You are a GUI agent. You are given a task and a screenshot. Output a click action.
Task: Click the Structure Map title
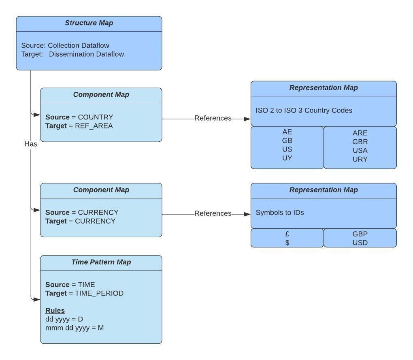coord(89,23)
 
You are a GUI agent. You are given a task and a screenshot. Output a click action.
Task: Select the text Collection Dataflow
coord(79,45)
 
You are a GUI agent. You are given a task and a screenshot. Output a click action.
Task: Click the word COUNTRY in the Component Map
coord(96,117)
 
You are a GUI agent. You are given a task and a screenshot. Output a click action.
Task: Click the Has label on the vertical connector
coord(31,144)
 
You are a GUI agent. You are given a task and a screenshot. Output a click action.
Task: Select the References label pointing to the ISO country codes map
coord(213,118)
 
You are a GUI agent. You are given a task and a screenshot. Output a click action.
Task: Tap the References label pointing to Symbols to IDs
coord(213,213)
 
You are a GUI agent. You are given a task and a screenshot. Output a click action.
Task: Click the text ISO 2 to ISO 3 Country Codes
coord(304,110)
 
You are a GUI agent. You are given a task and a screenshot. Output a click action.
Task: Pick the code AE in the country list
coord(287,132)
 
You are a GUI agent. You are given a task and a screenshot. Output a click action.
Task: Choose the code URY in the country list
coord(360,159)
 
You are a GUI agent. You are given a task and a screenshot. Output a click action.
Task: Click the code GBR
coord(360,142)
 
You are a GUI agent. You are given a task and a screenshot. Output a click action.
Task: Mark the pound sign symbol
coord(287,234)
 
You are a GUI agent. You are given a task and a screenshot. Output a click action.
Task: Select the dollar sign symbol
coord(287,243)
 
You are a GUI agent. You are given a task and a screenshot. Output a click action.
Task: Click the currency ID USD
coord(360,243)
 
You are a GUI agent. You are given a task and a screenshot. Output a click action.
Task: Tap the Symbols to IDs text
coord(280,212)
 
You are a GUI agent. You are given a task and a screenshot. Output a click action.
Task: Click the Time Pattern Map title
coord(101,262)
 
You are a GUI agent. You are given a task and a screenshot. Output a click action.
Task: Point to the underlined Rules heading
coord(55,311)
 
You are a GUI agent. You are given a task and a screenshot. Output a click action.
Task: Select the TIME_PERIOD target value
coord(99,293)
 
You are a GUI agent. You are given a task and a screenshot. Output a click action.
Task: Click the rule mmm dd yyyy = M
coord(75,328)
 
